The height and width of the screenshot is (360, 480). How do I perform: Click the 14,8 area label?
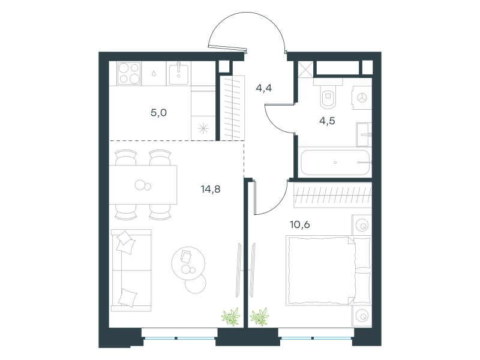211,189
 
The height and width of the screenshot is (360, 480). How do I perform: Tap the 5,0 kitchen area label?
158,113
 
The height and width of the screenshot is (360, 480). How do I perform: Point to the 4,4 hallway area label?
263,88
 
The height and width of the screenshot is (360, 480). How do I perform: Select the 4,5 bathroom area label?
327,121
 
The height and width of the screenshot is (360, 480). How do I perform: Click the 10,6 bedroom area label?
299,224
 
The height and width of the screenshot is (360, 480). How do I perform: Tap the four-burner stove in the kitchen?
129,73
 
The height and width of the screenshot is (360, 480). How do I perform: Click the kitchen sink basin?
179,73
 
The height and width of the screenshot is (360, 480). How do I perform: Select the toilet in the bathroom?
328,94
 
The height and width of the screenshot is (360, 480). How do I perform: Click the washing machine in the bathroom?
362,98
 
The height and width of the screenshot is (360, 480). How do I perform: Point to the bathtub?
335,162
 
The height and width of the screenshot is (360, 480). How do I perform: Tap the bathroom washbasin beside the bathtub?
364,134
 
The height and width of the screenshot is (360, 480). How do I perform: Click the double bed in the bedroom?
328,271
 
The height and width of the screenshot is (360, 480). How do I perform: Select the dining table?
143,185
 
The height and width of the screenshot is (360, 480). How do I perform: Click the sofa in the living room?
131,271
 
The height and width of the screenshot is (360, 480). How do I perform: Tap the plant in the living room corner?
230,317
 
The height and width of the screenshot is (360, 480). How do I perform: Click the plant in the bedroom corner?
259,317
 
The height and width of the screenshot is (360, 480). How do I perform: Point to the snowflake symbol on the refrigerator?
203,128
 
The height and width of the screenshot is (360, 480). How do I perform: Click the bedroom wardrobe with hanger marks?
332,195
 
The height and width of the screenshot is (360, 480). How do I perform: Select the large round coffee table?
188,263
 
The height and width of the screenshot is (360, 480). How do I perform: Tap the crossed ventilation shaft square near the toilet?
305,69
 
